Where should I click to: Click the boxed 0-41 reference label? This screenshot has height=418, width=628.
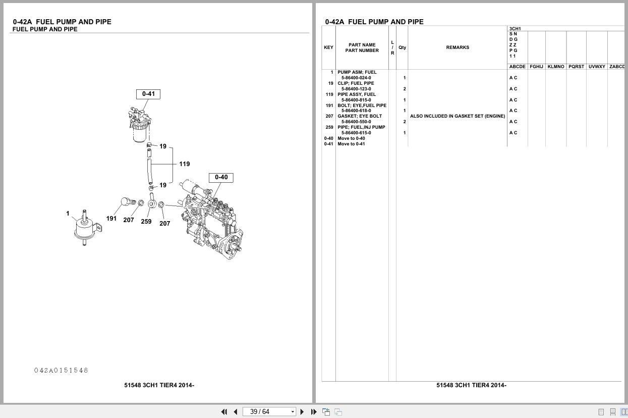[148, 94]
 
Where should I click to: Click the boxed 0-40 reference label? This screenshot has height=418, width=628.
[221, 177]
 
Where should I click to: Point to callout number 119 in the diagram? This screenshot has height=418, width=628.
[184, 164]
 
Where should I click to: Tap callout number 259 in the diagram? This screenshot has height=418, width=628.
[146, 222]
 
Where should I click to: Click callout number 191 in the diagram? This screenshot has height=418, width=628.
[111, 219]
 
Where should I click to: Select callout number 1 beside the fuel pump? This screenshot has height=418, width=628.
[68, 214]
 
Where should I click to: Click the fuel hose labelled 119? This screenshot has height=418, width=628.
[149, 171]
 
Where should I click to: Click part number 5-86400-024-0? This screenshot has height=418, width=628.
[356, 78]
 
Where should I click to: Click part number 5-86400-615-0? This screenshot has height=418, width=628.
[356, 133]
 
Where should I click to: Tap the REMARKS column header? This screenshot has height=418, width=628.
[458, 47]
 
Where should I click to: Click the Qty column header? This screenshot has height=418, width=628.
[402, 47]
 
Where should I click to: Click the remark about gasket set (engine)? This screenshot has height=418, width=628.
[458, 116]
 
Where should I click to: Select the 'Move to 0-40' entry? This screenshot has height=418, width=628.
[351, 138]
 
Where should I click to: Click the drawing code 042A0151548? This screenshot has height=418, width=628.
[61, 371]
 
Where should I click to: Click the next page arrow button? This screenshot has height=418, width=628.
[302, 412]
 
